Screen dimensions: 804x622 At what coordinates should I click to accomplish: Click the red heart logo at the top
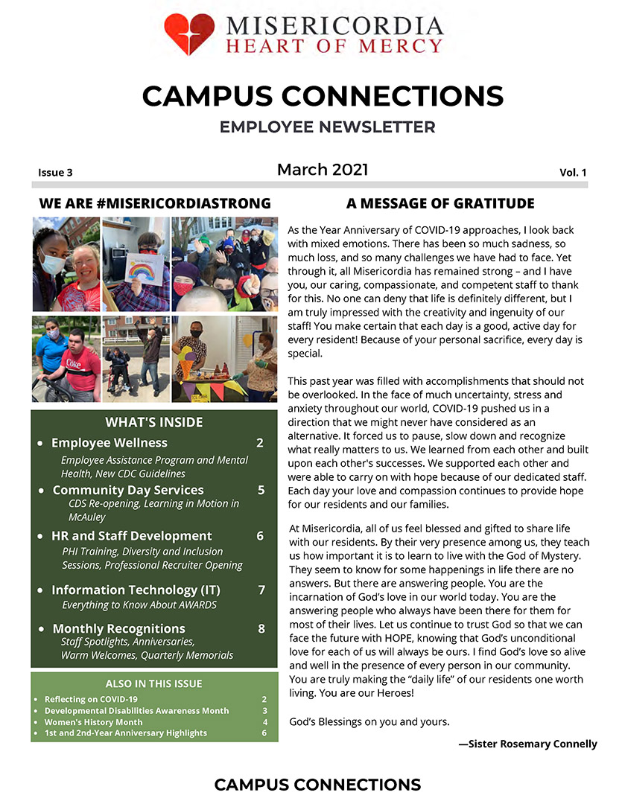(190, 33)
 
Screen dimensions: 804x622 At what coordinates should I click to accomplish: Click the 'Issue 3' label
(55, 173)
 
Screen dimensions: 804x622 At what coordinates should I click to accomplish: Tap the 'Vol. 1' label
(573, 173)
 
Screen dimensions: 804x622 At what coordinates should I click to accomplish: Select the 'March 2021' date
(323, 170)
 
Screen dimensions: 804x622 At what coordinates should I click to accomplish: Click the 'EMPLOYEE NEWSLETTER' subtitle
(327, 127)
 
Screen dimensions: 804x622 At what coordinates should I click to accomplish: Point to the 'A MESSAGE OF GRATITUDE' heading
(440, 203)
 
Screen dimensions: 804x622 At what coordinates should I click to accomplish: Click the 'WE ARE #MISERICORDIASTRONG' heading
(155, 203)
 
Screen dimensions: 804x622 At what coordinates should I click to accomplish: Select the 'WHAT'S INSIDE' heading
(154, 422)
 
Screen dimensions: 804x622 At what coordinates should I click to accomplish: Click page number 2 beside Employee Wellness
(260, 443)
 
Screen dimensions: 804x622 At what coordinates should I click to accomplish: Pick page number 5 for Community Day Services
(261, 490)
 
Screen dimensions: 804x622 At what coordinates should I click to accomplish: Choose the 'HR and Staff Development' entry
(131, 536)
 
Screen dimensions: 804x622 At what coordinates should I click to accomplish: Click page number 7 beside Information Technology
(261, 590)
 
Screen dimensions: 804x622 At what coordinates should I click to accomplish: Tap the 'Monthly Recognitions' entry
(118, 628)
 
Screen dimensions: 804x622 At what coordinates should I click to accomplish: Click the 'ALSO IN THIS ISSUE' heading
(154, 683)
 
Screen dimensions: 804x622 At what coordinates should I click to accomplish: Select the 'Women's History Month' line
(93, 722)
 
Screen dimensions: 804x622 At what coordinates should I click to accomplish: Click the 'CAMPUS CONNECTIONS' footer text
(317, 785)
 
